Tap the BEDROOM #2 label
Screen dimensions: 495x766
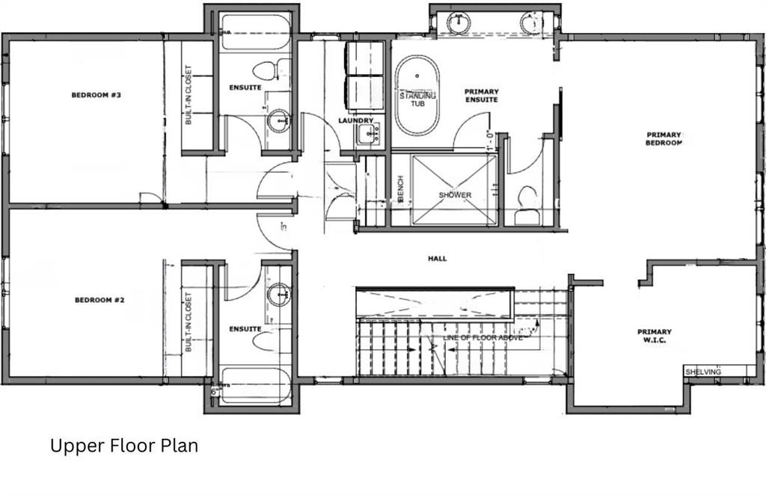click(99, 301)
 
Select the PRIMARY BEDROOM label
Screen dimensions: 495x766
click(664, 139)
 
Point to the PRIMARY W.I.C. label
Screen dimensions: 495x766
click(654, 336)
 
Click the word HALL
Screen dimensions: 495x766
click(437, 259)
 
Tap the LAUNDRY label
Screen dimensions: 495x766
click(355, 120)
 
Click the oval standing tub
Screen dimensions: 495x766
click(417, 96)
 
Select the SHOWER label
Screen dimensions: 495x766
click(455, 195)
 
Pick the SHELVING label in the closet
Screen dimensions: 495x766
click(703, 372)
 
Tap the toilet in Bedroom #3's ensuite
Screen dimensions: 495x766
click(266, 71)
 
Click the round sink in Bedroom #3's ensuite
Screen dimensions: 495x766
click(279, 120)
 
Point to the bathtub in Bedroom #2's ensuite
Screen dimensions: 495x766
click(255, 386)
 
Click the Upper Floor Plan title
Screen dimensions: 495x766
click(124, 446)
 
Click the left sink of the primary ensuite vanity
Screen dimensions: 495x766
click(457, 23)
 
